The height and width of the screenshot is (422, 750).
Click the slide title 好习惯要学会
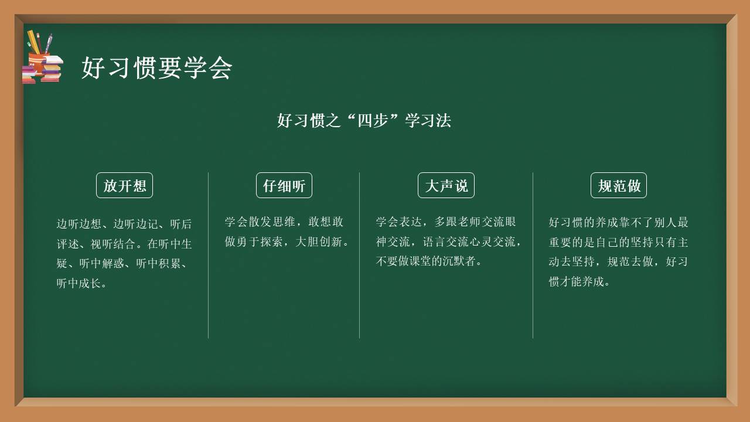pos(156,68)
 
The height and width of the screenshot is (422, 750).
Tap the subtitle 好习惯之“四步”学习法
pos(364,121)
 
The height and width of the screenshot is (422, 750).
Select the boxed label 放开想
pos(124,186)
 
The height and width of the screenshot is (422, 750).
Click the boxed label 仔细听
pos(284,186)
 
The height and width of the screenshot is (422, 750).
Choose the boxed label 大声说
pos(446,186)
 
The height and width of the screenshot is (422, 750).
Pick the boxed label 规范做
pos(619,186)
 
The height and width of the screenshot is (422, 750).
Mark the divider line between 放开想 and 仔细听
pos(208,255)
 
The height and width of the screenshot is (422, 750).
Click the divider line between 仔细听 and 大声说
pos(359,255)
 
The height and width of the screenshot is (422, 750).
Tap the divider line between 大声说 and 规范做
pos(533,255)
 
